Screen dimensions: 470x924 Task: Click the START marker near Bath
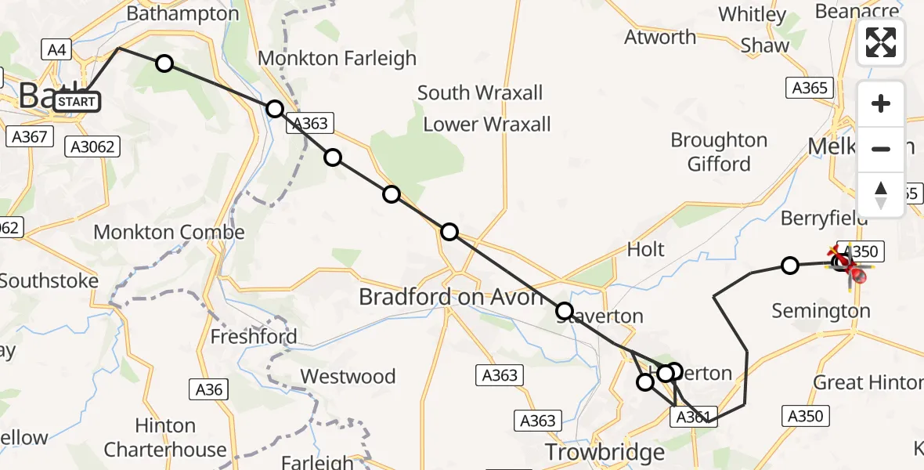[x=77, y=102]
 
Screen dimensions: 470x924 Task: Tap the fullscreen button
[x=881, y=42]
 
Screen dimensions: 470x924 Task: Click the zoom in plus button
[x=881, y=103]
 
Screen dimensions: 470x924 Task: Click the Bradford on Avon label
[x=450, y=297]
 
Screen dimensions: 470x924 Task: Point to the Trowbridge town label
[x=605, y=452]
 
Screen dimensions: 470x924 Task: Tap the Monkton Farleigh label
[x=337, y=58]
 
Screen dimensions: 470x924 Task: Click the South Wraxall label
[x=479, y=92]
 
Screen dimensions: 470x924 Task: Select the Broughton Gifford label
[x=719, y=151]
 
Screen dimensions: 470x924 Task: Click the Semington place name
[x=821, y=311]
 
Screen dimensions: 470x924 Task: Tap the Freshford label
[x=254, y=338]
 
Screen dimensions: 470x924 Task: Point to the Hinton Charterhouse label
[x=165, y=437]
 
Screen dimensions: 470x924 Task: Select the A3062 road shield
[x=92, y=146]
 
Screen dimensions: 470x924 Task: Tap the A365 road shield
[x=810, y=88]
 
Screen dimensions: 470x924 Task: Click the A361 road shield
[x=691, y=418]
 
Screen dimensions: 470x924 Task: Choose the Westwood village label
[x=348, y=377]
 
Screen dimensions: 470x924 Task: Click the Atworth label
[x=660, y=37]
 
